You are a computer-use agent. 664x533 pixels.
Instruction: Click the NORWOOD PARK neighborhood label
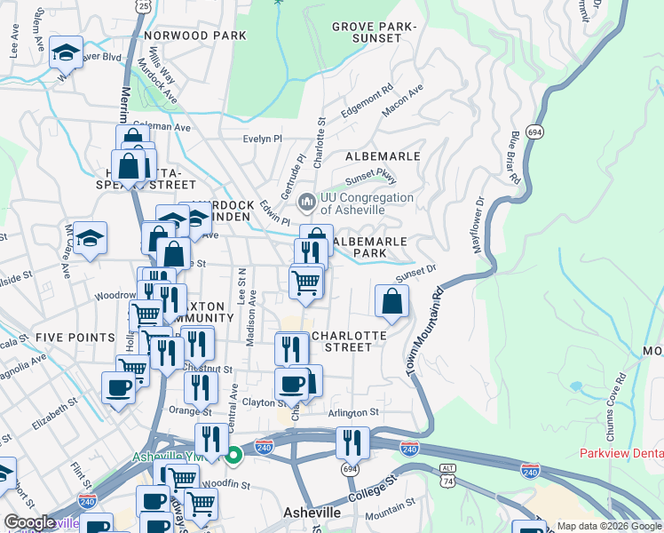tap(194, 36)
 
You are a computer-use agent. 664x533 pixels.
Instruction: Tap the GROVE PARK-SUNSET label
tap(374, 33)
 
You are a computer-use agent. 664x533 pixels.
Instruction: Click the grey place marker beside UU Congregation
tap(307, 203)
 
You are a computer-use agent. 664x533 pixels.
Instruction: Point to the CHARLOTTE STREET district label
tap(350, 342)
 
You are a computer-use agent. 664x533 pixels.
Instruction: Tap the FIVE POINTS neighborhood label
tap(75, 338)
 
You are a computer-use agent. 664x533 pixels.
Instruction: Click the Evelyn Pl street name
tap(262, 139)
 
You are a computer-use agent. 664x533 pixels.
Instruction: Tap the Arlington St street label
tap(352, 412)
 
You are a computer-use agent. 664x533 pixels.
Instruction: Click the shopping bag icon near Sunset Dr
tap(391, 302)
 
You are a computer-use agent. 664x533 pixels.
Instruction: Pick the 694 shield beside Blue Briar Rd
tap(534, 131)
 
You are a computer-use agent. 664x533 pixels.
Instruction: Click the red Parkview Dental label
tap(621, 453)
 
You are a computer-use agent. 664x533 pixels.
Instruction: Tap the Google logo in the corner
tap(29, 523)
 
